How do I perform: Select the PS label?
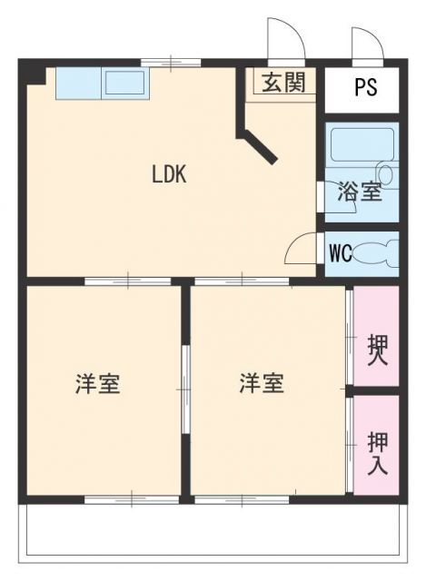[365, 89]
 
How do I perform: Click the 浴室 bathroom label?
[359, 192]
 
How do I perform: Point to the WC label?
[341, 252]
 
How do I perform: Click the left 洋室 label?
[97, 384]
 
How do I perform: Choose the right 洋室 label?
[262, 384]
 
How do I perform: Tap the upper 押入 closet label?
[377, 349]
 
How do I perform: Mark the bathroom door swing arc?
[338, 203]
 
